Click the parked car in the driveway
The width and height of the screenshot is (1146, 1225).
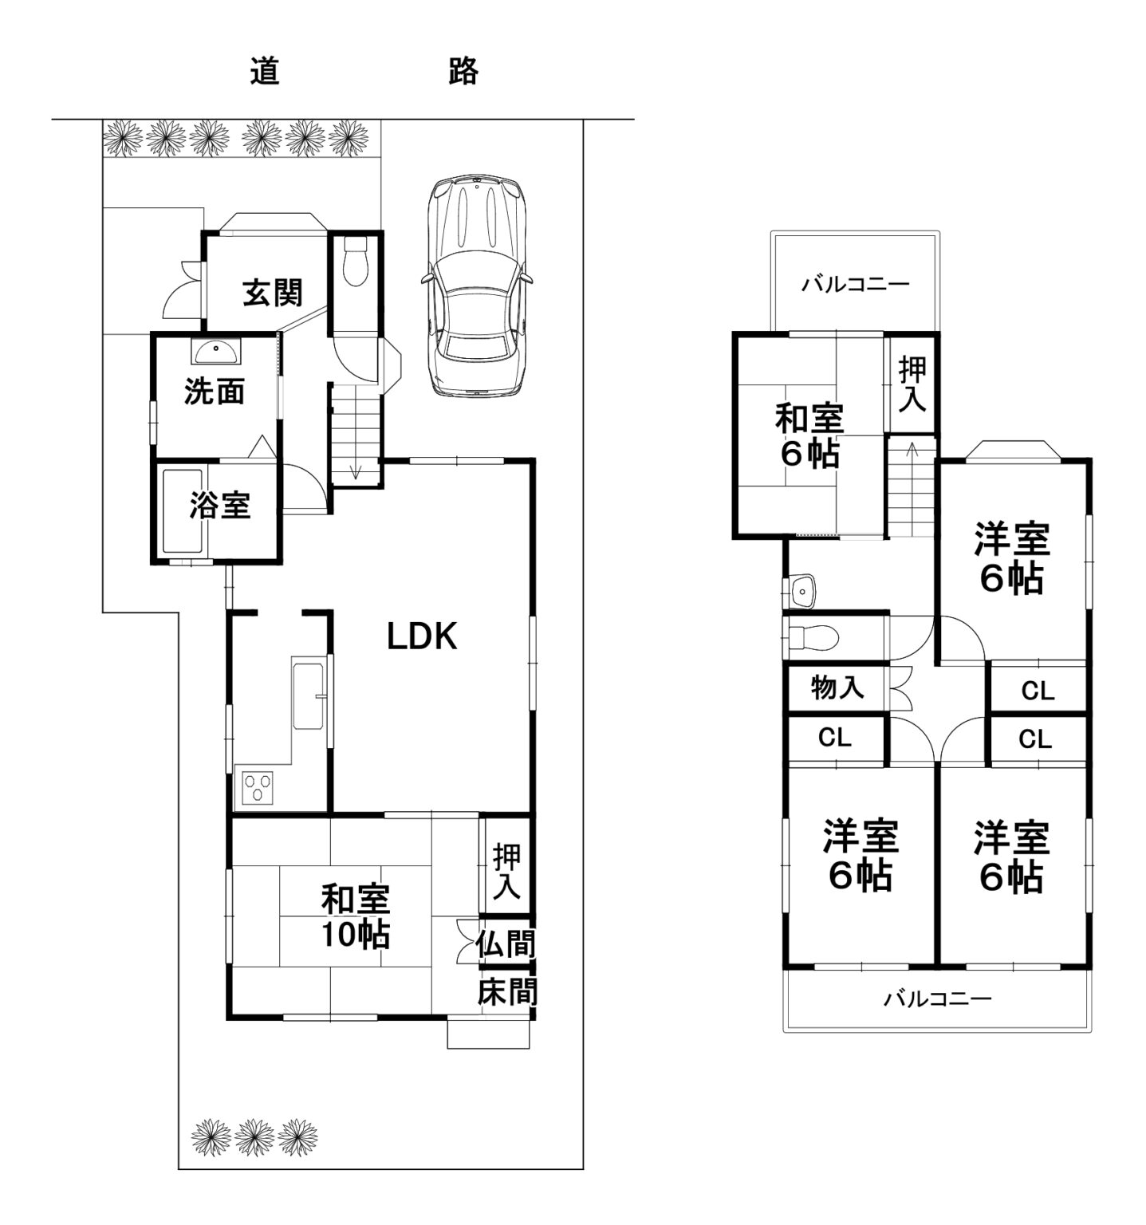(x=476, y=286)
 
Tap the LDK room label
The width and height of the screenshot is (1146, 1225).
(x=422, y=636)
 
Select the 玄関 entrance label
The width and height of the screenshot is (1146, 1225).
(x=272, y=293)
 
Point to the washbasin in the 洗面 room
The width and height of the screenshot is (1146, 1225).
(x=215, y=351)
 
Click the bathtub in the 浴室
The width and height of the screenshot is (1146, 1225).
(x=184, y=512)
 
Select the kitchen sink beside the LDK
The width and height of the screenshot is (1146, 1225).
(x=309, y=695)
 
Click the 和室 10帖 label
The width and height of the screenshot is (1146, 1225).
(x=355, y=916)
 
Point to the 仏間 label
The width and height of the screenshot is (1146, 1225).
(x=506, y=945)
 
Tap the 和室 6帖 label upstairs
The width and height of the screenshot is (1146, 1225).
(x=809, y=435)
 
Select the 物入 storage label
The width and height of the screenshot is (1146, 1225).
(x=837, y=687)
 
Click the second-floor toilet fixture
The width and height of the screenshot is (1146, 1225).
(x=813, y=637)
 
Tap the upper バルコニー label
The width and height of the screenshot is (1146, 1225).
(x=855, y=285)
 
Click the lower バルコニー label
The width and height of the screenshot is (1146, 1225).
(x=938, y=999)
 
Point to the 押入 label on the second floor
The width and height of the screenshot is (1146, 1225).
(x=912, y=385)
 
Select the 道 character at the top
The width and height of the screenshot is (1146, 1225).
(x=265, y=72)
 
